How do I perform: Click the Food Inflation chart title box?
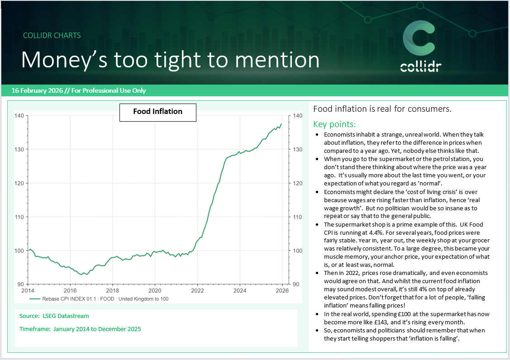click(x=157, y=112)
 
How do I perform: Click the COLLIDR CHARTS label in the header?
click(x=52, y=35)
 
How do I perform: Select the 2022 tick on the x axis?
click(x=197, y=290)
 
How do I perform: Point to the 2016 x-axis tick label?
click(x=70, y=290)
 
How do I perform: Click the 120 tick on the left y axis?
click(x=19, y=183)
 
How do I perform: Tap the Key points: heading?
click(x=334, y=124)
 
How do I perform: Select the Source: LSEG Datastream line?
click(x=54, y=316)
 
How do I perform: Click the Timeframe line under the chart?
click(x=80, y=329)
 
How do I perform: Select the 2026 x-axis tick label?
click(x=282, y=290)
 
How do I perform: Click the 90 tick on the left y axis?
click(x=20, y=284)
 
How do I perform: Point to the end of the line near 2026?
click(x=281, y=124)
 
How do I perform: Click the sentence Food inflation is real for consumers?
click(x=382, y=109)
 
